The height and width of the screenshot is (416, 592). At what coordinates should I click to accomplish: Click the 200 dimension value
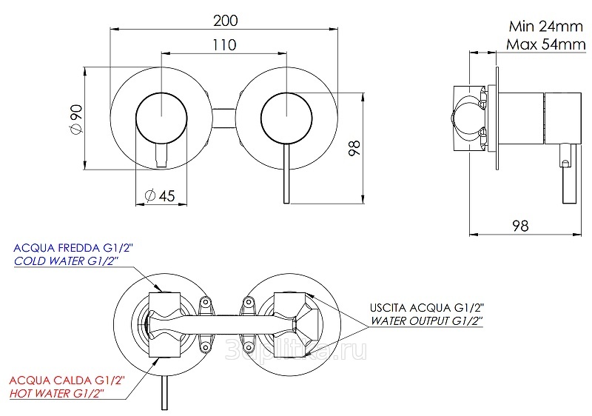coord(226,21)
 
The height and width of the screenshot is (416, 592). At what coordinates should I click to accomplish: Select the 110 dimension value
coord(224,45)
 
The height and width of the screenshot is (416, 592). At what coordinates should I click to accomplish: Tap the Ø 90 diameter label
coord(76,119)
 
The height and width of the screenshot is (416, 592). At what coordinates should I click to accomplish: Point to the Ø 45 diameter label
coord(160,195)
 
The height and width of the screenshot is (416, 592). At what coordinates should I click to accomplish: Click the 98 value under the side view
coord(520,226)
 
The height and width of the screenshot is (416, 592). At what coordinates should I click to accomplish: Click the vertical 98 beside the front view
coord(354,147)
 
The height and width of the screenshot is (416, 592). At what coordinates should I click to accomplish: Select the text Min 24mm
coord(546,27)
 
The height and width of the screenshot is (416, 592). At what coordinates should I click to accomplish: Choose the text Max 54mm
coord(546,44)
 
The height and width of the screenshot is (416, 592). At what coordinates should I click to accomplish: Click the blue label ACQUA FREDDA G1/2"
coord(73,248)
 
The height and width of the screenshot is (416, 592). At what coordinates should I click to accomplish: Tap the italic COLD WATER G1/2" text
coord(67,261)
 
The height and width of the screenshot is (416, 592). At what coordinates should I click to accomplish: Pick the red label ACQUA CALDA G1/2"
coord(67,380)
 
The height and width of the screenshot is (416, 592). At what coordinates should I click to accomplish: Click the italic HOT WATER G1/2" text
coord(57,393)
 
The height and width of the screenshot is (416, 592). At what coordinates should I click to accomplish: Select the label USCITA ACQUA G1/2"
coord(427,307)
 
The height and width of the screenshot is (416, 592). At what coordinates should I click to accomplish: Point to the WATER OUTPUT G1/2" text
coord(427,321)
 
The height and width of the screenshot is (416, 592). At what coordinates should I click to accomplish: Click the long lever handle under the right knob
coord(286,173)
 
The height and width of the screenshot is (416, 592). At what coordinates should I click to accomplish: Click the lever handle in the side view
coord(569,174)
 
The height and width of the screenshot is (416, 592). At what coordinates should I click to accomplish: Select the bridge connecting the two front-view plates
coord(224,118)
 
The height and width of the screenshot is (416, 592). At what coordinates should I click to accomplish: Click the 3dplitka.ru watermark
coord(295,350)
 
